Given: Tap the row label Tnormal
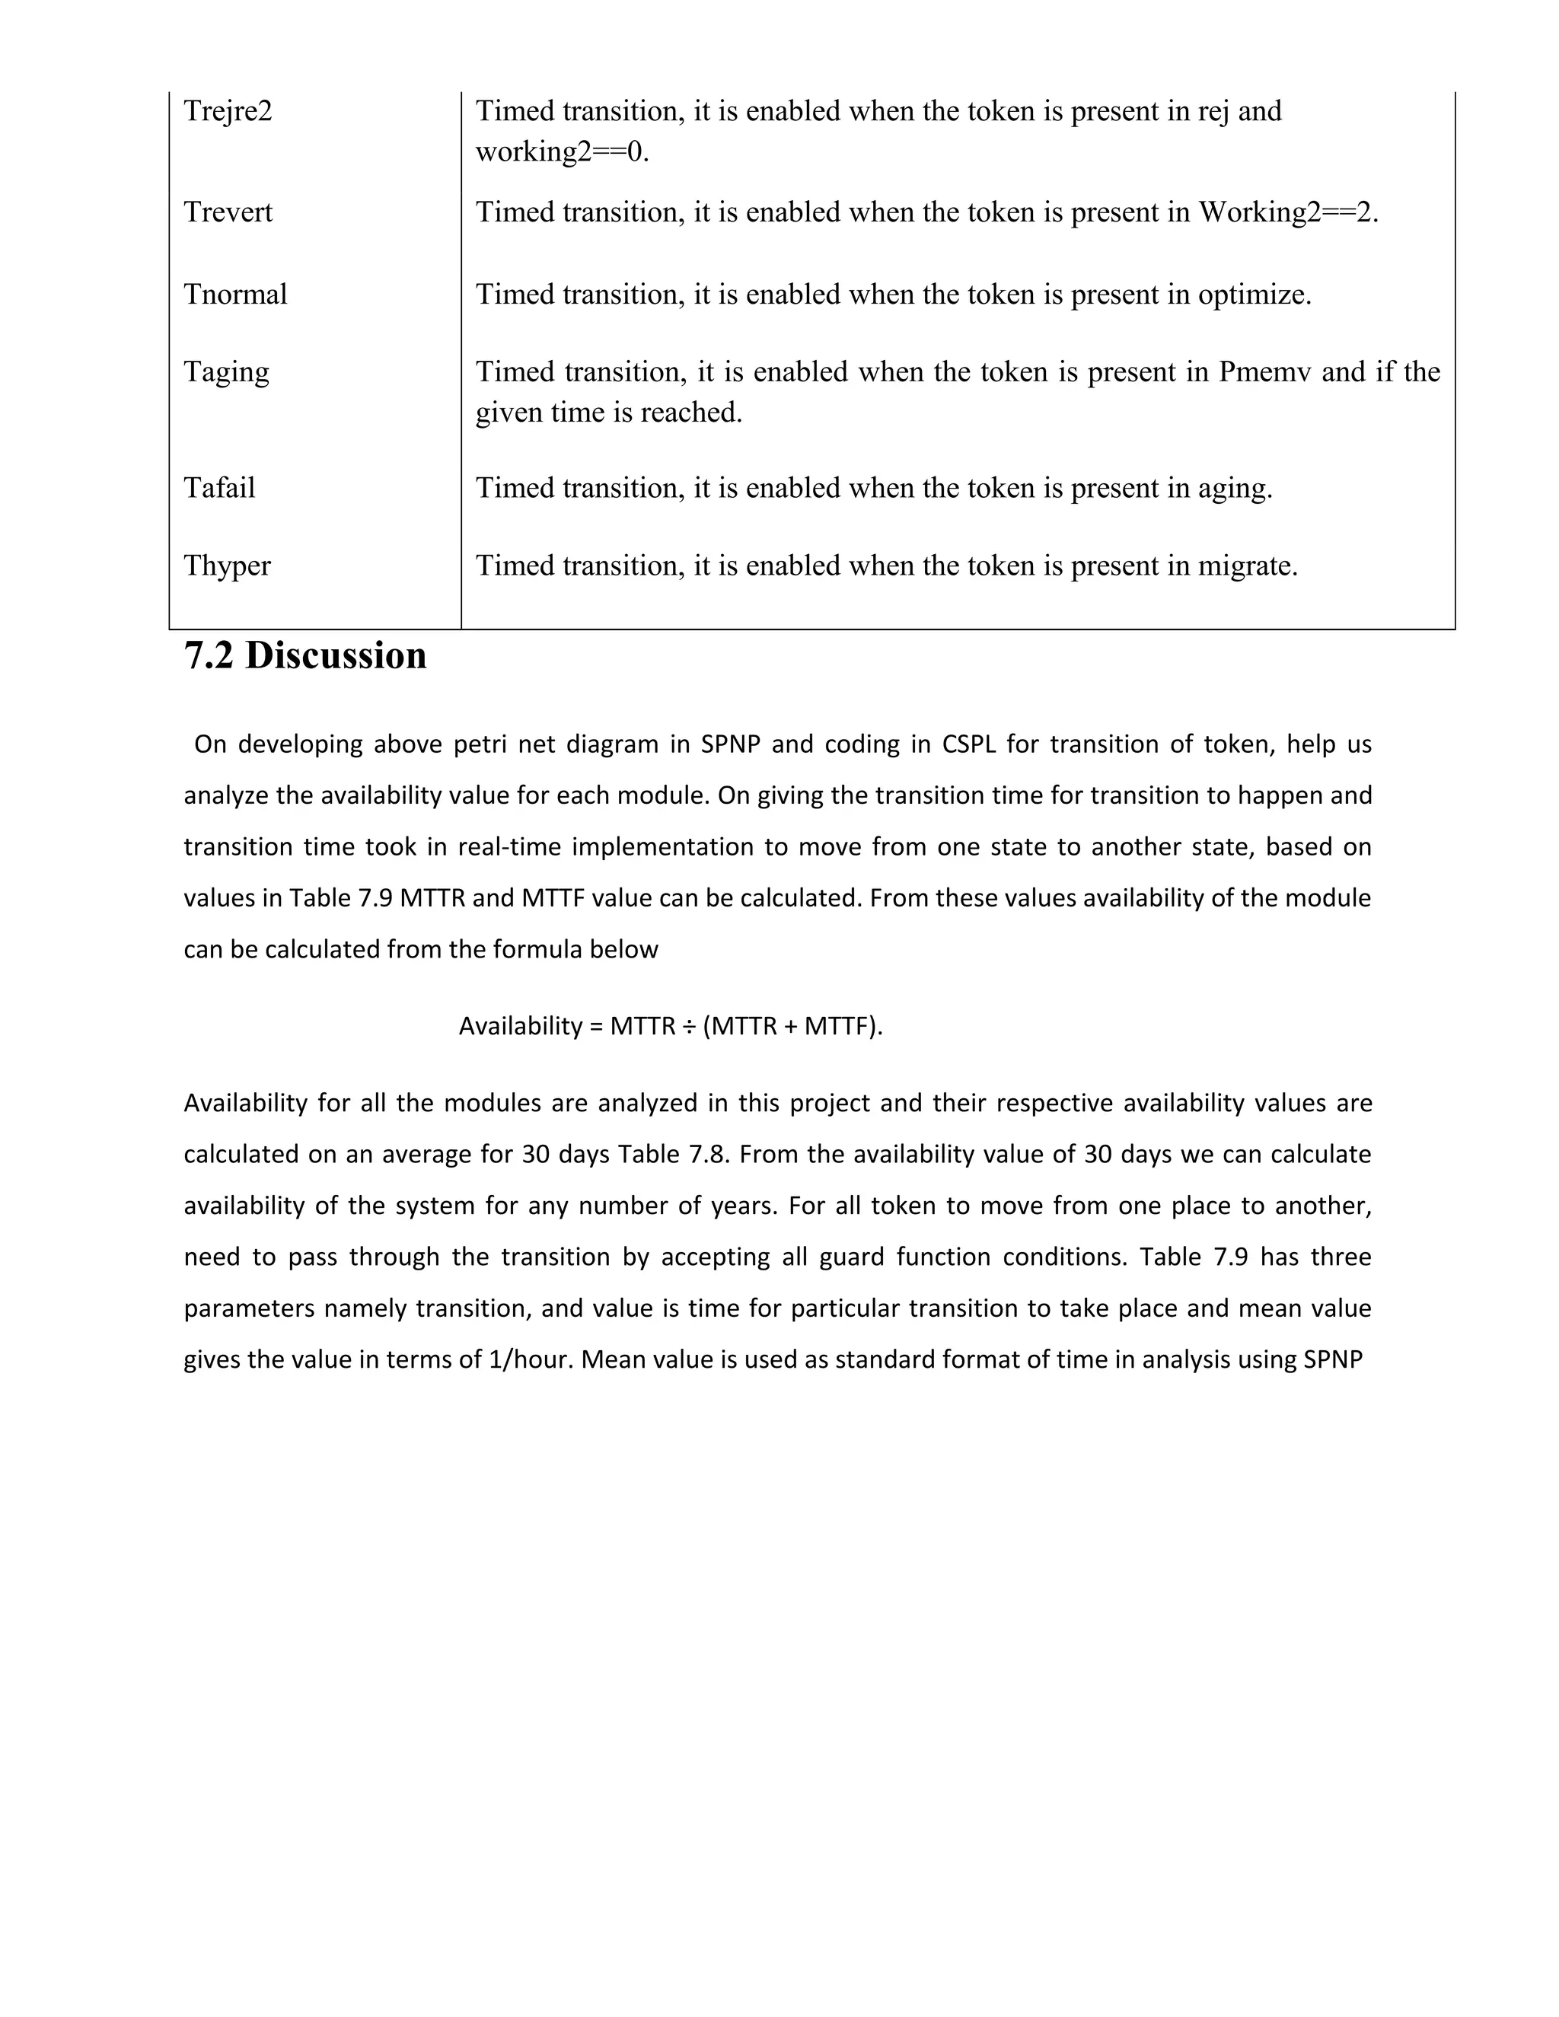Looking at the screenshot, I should tap(234, 295).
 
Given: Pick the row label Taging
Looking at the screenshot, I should tap(226, 372).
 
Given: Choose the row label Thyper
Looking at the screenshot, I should tap(226, 566).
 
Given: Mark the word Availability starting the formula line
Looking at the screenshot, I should tap(520, 1026).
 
